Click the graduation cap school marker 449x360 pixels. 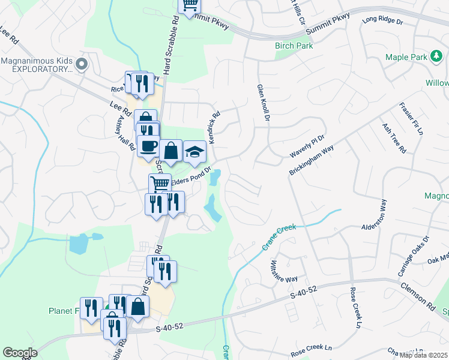click(194, 152)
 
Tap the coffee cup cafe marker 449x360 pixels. click(148, 146)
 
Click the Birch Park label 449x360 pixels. click(291, 46)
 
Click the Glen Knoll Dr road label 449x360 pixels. click(264, 104)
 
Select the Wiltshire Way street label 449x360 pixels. click(283, 271)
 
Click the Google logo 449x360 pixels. click(20, 353)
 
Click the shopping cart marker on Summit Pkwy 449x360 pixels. click(190, 5)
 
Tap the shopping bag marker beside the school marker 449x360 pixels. click(171, 150)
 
